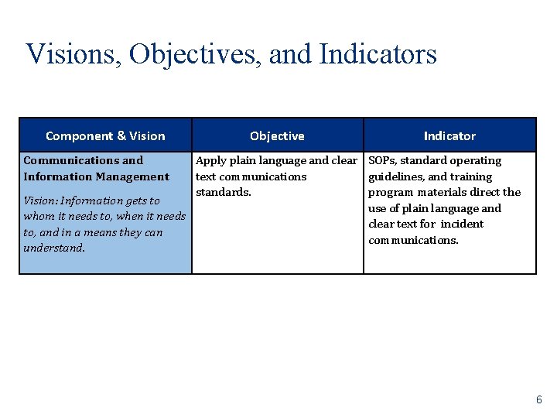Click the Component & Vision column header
click(x=105, y=136)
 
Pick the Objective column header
click(x=277, y=136)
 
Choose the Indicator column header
click(x=449, y=136)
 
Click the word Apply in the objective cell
click(x=210, y=161)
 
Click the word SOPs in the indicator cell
click(x=382, y=161)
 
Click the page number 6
click(x=539, y=400)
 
